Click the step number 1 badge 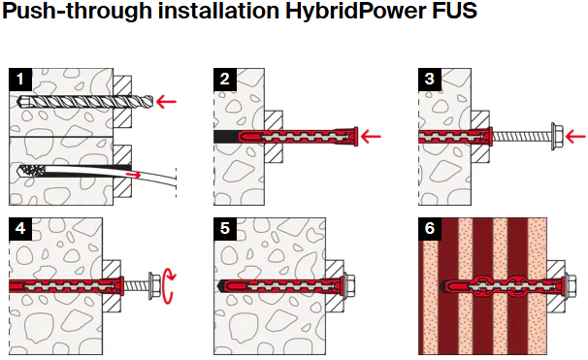click(x=20, y=80)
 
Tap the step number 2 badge click(x=225, y=80)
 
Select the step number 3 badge click(x=430, y=80)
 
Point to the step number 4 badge click(x=20, y=228)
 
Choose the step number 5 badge click(x=225, y=228)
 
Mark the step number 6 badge click(x=430, y=228)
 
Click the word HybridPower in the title click(x=356, y=12)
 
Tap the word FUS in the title click(x=454, y=10)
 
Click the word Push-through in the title click(x=78, y=12)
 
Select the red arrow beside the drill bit click(x=166, y=101)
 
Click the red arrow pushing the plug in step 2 click(x=371, y=137)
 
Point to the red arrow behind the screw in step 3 click(x=575, y=137)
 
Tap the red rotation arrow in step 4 click(x=169, y=286)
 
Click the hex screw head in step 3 click(x=557, y=137)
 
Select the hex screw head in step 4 click(x=154, y=286)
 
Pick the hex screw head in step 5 click(x=349, y=286)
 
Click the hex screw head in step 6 click(x=571, y=286)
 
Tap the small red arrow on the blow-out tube click(x=134, y=175)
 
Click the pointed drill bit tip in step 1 click(x=21, y=101)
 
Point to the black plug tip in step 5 click(x=221, y=286)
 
